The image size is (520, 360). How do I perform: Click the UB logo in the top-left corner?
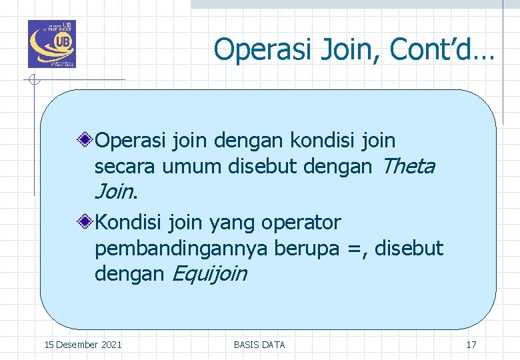click(51, 44)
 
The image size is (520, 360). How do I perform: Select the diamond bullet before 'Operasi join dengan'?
click(85, 141)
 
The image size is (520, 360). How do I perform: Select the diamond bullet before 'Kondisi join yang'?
click(85, 222)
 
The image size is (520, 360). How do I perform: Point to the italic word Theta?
click(409, 167)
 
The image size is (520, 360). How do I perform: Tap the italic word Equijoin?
click(209, 274)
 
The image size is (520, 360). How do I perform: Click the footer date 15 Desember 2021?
click(83, 345)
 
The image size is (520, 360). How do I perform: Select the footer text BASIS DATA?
click(259, 345)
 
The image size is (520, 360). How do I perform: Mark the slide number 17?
click(471, 345)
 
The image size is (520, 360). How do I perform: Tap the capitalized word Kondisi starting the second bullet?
click(128, 222)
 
